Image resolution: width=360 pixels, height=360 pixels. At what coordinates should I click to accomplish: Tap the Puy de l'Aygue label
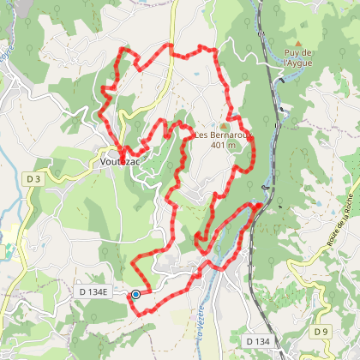(298, 57)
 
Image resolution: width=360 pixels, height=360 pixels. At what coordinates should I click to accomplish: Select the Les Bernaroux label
(224, 135)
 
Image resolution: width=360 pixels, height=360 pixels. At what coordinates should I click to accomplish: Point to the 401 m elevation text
(224, 144)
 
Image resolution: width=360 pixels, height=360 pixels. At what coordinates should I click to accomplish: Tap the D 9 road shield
(321, 331)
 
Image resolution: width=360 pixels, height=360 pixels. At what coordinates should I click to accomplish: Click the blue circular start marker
(135, 295)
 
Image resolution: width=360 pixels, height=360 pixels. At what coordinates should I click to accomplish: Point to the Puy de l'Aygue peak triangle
(298, 41)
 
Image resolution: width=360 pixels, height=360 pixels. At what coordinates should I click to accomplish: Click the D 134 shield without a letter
(258, 341)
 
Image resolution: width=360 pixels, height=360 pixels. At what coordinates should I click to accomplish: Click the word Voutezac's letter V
(104, 160)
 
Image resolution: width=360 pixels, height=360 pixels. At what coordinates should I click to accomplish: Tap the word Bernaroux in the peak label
(231, 135)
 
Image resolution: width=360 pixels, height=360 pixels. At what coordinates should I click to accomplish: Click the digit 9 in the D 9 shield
(325, 331)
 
